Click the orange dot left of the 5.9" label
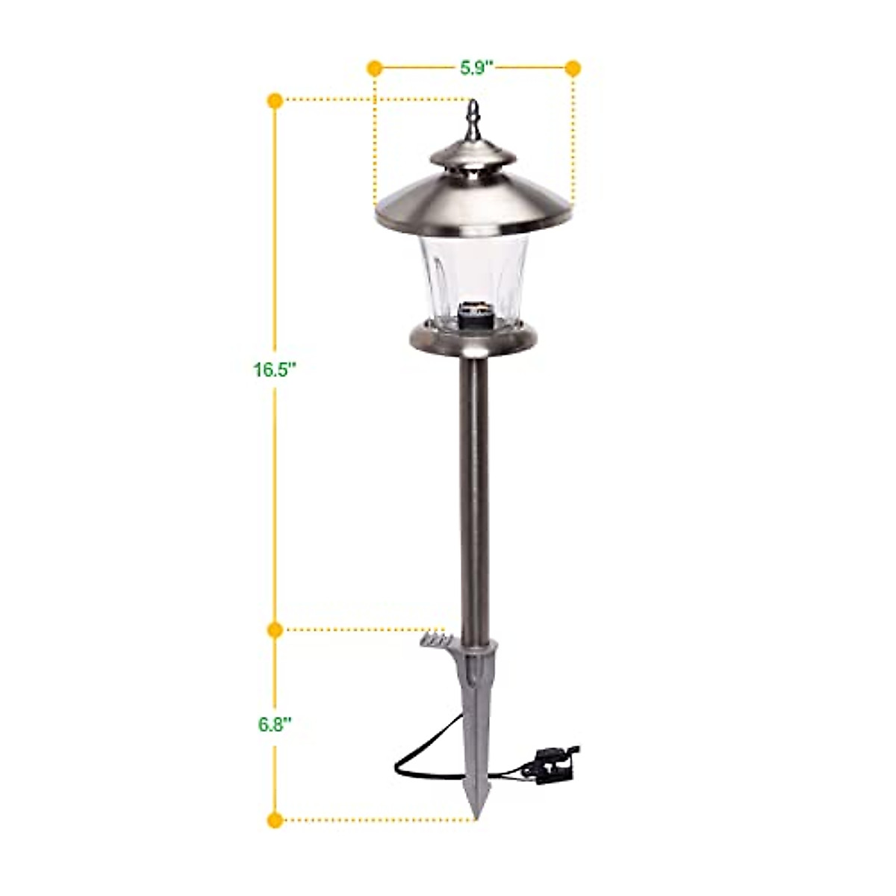pyautogui.click(x=375, y=69)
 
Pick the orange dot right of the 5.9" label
pyautogui.click(x=573, y=69)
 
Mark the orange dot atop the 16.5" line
pyautogui.click(x=275, y=99)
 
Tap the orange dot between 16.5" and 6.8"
pyautogui.click(x=275, y=629)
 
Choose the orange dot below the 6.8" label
pyautogui.click(x=275, y=820)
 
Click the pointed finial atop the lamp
pyautogui.click(x=473, y=121)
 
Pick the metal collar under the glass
pyautogui.click(x=473, y=340)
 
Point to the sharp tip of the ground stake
pyautogui.click(x=476, y=810)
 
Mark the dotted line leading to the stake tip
pyautogui.click(x=373, y=820)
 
